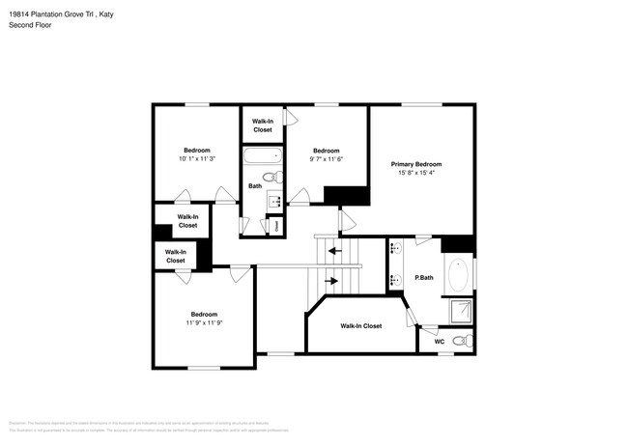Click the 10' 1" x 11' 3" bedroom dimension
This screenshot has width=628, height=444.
[x=197, y=159]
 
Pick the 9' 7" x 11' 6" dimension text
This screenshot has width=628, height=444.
[x=327, y=159]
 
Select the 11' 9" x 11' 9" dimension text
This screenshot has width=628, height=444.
[x=204, y=323]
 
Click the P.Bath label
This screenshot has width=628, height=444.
[x=423, y=279]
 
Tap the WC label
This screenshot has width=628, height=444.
[x=439, y=341]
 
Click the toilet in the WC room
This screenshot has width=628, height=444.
[x=463, y=341]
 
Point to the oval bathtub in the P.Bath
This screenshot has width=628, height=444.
[x=458, y=273]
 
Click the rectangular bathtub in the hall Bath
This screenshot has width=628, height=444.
[x=261, y=154]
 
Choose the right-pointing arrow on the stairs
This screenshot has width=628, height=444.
[x=333, y=282]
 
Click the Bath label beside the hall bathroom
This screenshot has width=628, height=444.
[x=254, y=185]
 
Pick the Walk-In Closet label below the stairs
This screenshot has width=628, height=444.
[x=360, y=326]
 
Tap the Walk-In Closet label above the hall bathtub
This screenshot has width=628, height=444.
[x=262, y=125]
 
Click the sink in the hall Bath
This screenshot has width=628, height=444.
[x=272, y=202]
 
